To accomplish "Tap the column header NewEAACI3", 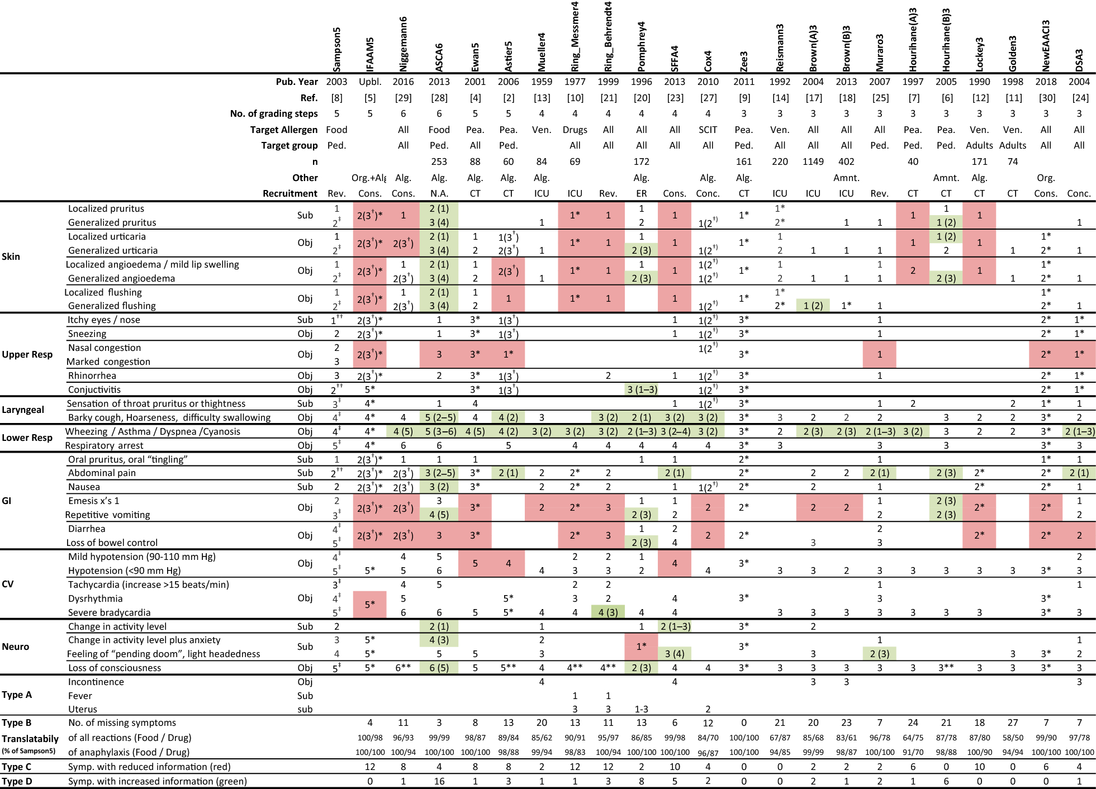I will coord(1046,46).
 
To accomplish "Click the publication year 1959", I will coord(541,82).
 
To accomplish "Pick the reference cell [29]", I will coord(403,98).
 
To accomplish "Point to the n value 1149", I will coord(813,161).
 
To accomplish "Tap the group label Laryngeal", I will coord(23,410).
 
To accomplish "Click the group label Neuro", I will coord(16,647).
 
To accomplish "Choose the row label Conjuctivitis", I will coord(94,389).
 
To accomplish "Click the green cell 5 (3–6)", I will coord(439,431).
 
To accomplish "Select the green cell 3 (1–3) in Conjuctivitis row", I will coord(641,389).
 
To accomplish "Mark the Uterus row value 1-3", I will coord(641,709).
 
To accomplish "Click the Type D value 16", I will coord(439,781).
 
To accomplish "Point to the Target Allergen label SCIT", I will coord(708,130).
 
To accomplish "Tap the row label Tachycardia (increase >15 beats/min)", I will coord(148,584).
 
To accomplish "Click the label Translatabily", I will coord(30,739).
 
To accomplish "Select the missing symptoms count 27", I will coord(1012,723).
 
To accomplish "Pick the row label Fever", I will coord(80,696).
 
